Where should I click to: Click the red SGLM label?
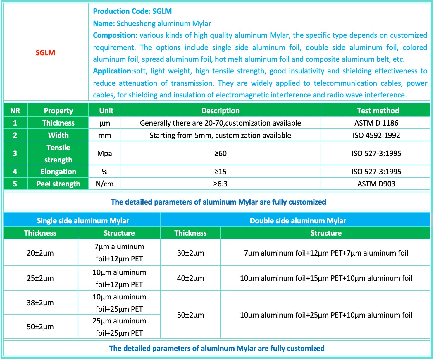pyautogui.click(x=45, y=53)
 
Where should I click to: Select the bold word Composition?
pyautogui.click(x=114, y=35)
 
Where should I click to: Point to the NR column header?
pyautogui.click(x=15, y=111)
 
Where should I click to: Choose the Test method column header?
pyautogui.click(x=378, y=111)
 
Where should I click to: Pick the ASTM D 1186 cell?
pyautogui.click(x=376, y=123)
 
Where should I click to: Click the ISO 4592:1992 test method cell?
pyautogui.click(x=376, y=135)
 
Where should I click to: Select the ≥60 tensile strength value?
pyautogui.click(x=220, y=153)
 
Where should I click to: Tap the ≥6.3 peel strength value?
pyautogui.click(x=220, y=184)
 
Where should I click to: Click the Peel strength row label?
pyautogui.click(x=58, y=184)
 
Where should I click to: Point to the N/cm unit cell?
pyautogui.click(x=104, y=184)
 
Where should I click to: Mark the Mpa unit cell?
pyautogui.click(x=104, y=153)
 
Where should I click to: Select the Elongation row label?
pyautogui.click(x=58, y=172)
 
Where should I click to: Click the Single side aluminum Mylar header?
pyautogui.click(x=83, y=221)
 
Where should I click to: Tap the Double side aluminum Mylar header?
pyautogui.click(x=298, y=221)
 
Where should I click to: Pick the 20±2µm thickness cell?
pyautogui.click(x=40, y=253)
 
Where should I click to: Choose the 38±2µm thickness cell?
pyautogui.click(x=40, y=303)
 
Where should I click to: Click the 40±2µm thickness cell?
pyautogui.click(x=190, y=278)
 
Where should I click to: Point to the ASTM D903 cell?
pyautogui.click(x=376, y=184)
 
